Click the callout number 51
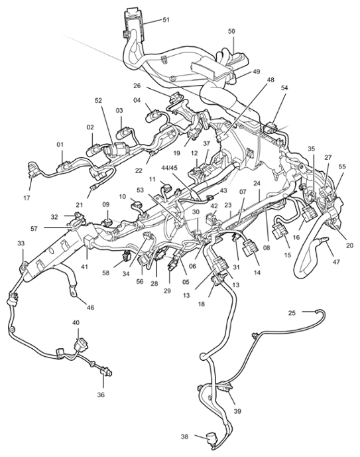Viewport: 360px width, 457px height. pyautogui.click(x=166, y=20)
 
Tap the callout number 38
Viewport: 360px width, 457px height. pyautogui.click(x=184, y=436)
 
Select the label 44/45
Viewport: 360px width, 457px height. pyautogui.click(x=169, y=168)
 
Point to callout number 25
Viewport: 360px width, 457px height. pyautogui.click(x=292, y=312)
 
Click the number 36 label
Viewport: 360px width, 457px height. pyautogui.click(x=101, y=395)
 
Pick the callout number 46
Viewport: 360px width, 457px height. pyautogui.click(x=91, y=307)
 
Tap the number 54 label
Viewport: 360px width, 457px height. pyautogui.click(x=284, y=88)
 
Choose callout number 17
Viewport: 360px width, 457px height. pyautogui.click(x=27, y=198)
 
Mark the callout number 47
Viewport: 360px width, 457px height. pyautogui.click(x=336, y=262)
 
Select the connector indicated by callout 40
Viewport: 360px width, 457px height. pyautogui.click(x=80, y=346)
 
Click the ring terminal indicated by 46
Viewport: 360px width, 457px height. pyautogui.click(x=72, y=292)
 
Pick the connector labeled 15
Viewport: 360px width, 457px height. pyautogui.click(x=279, y=231)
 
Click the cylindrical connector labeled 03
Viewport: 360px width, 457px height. pyautogui.click(x=123, y=133)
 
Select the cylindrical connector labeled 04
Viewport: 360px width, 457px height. pyautogui.click(x=152, y=116)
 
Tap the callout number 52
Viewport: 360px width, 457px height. pyautogui.click(x=98, y=101)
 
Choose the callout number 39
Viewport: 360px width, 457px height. pyautogui.click(x=237, y=411)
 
